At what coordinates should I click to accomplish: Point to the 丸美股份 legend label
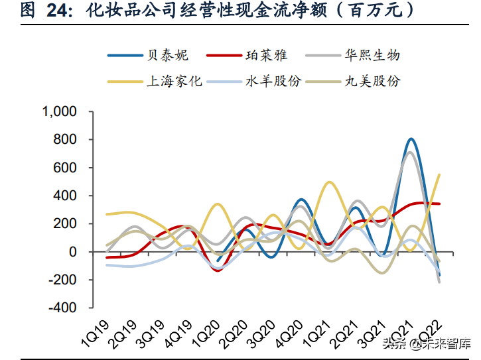point(372,82)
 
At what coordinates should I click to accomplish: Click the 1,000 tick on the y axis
point(60,112)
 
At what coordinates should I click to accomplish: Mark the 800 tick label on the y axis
point(66,140)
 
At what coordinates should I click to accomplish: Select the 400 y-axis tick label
point(66,196)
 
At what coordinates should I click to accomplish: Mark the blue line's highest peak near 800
point(411,139)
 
